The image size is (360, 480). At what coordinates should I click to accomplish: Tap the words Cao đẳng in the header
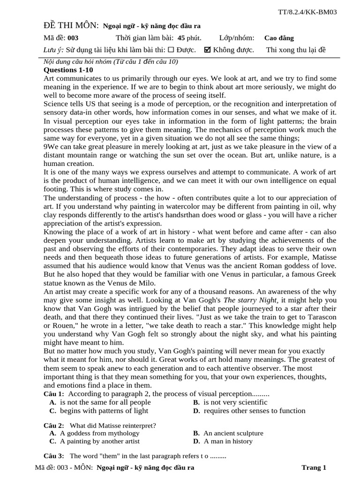tap(279, 38)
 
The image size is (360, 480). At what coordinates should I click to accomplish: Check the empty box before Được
tap(171, 50)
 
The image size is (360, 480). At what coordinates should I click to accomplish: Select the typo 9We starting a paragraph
tap(50, 146)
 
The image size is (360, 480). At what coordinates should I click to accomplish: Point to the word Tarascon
tap(320, 317)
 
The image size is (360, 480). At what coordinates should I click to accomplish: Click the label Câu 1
tap(54, 394)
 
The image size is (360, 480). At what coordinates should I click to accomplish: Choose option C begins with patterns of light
tap(99, 411)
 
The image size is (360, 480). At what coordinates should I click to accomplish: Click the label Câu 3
tap(54, 456)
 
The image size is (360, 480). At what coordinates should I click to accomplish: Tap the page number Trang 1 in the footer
tap(314, 467)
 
